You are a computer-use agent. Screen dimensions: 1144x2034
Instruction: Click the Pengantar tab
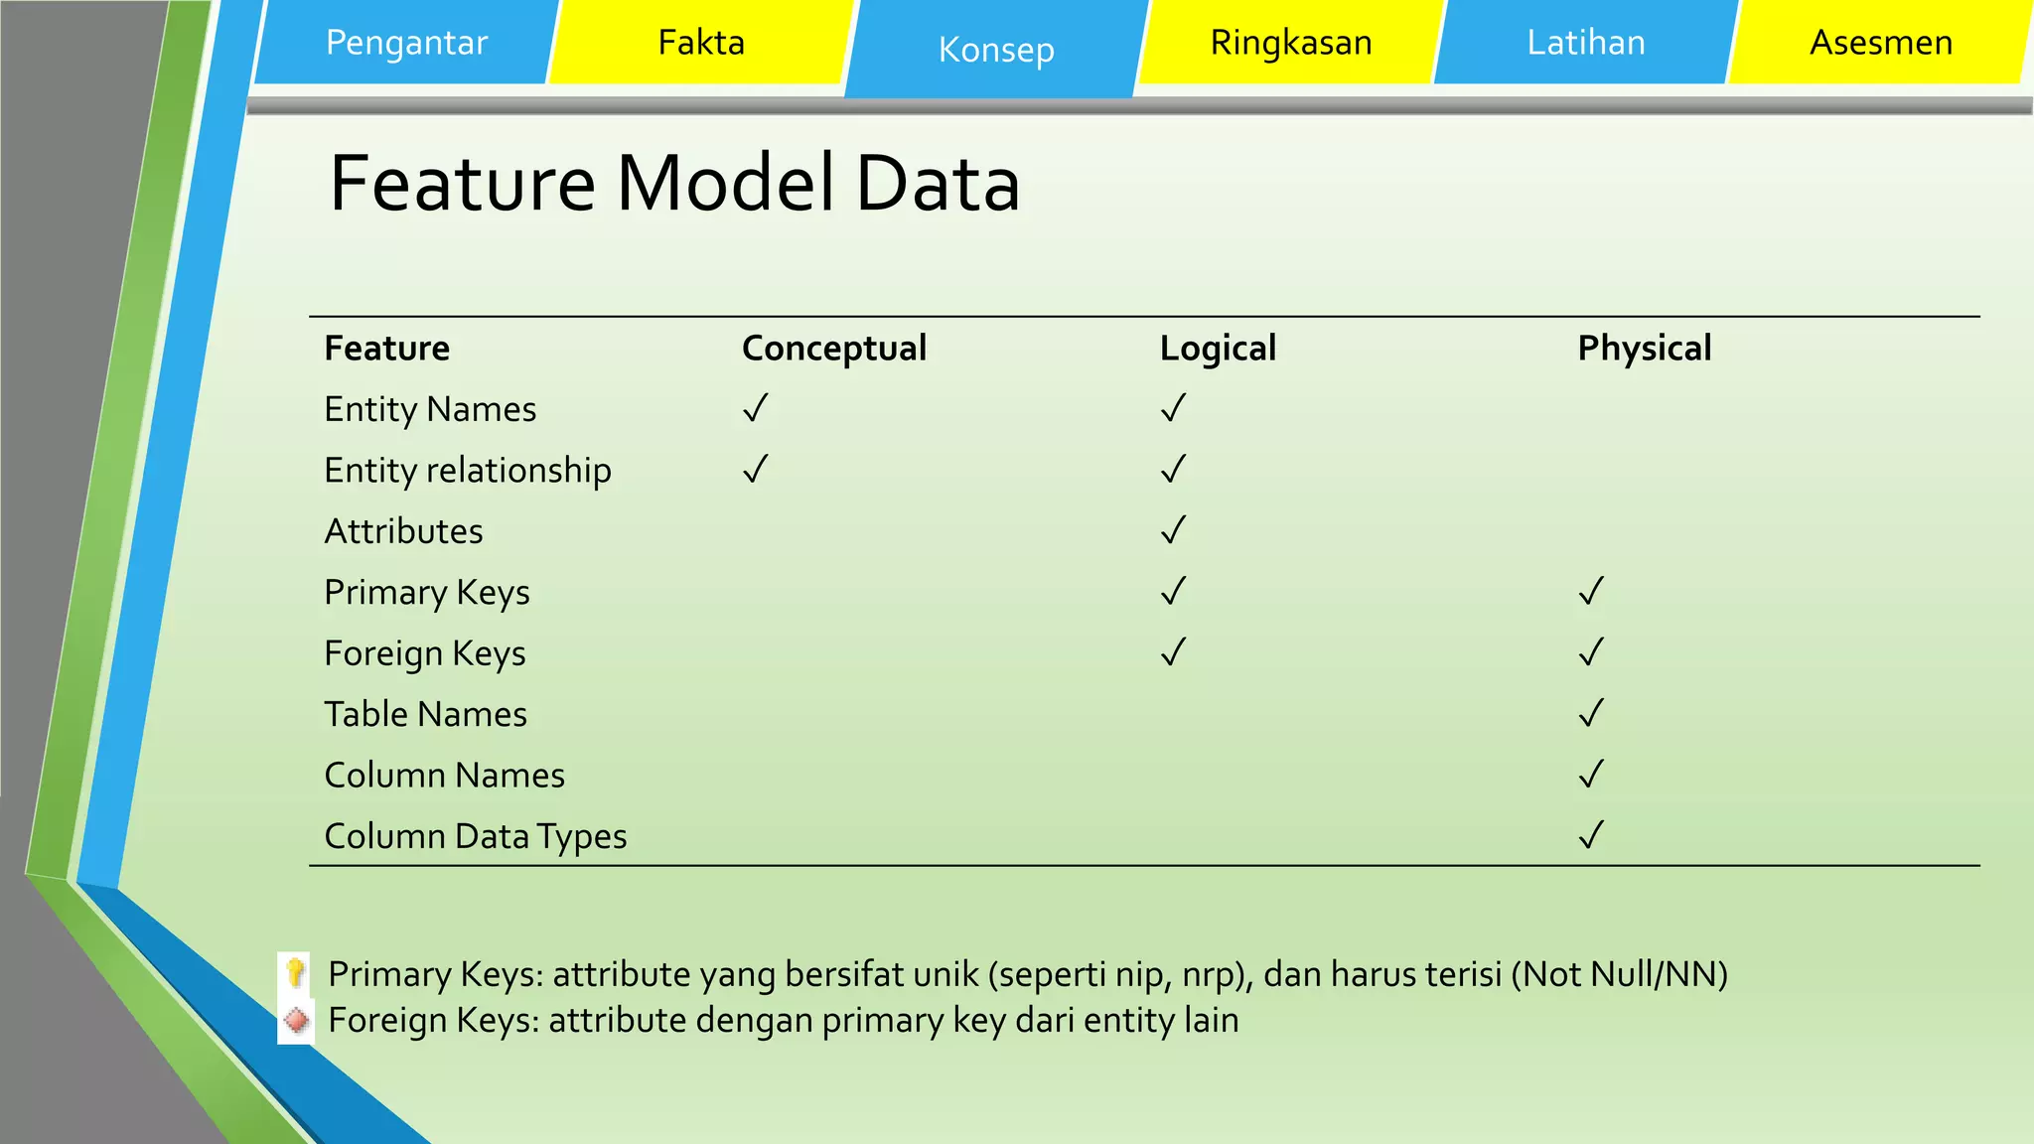tap(406, 43)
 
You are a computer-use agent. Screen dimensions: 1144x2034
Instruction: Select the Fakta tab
tap(701, 43)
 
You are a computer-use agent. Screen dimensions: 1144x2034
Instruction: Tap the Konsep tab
tap(996, 50)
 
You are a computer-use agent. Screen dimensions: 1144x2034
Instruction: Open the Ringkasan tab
tap(1291, 43)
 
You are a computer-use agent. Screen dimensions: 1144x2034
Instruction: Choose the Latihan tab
tap(1586, 43)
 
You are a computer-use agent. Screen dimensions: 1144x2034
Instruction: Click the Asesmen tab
tap(1881, 43)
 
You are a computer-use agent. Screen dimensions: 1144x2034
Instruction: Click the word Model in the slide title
tap(725, 184)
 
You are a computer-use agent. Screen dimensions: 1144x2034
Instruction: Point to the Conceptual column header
tap(834, 349)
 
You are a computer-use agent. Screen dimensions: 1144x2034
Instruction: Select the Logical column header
tap(1218, 349)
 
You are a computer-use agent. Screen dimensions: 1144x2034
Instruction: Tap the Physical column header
tap(1645, 349)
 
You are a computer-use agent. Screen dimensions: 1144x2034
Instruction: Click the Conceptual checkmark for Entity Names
tap(756, 408)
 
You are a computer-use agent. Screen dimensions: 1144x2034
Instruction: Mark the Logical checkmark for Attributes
tap(1174, 530)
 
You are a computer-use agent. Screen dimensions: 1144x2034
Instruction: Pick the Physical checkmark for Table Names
tap(1592, 713)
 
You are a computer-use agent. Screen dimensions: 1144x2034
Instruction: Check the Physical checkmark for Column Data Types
tap(1592, 835)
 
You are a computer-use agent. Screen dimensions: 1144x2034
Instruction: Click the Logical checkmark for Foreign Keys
tap(1174, 652)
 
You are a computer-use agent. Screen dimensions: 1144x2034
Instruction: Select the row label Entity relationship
tap(468, 471)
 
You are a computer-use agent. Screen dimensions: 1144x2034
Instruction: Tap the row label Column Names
tap(444, 776)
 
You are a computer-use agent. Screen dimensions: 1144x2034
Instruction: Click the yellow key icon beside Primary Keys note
tap(295, 973)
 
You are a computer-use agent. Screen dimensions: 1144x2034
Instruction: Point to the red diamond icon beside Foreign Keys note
tap(295, 1020)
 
